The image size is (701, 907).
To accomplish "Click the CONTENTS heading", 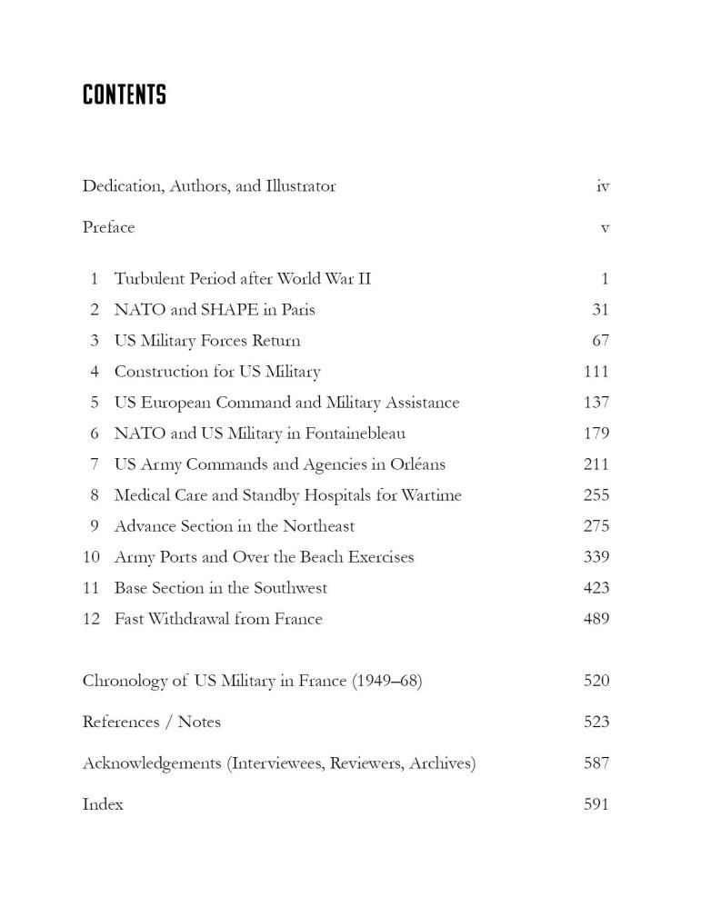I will tap(125, 95).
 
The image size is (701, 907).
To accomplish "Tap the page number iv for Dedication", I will tap(602, 186).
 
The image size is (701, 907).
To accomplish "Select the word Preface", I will tap(108, 227).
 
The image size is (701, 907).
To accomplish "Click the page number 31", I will tap(600, 310).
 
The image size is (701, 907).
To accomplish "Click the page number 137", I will tap(596, 403).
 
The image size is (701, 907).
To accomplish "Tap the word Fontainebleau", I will tap(351, 434).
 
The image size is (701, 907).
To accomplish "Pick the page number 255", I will tap(596, 495).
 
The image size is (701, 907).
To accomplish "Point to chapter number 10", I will tap(91, 557).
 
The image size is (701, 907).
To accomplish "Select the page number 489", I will tap(596, 619).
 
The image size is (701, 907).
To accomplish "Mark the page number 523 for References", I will tap(596, 723).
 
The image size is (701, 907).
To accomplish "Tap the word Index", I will tap(103, 804).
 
